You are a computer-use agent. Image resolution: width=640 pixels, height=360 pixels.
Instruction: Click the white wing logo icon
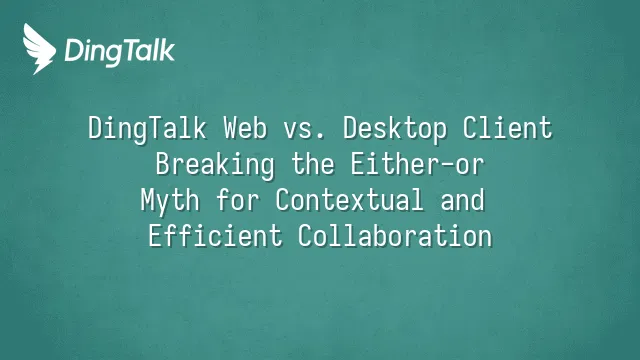click(39, 49)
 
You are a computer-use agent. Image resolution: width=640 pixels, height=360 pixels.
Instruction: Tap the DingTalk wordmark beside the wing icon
click(120, 52)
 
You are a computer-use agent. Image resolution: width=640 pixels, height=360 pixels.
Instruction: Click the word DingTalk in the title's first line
click(147, 129)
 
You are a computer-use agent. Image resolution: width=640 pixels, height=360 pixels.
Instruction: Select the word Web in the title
click(245, 128)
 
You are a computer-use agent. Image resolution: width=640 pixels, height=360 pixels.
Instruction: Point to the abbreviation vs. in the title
click(304, 131)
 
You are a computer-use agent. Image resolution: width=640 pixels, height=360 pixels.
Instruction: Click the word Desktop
click(394, 129)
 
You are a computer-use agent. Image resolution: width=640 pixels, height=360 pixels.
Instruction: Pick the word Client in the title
click(507, 128)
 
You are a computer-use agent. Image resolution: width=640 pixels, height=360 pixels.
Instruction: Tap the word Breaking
click(215, 165)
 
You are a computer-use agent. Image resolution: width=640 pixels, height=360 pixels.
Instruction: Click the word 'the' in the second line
click(313, 164)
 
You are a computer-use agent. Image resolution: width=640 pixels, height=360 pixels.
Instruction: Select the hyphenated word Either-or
click(417, 164)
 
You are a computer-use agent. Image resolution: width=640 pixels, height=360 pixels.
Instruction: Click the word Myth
click(170, 201)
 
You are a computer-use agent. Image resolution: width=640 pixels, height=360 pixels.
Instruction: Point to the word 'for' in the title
click(238, 200)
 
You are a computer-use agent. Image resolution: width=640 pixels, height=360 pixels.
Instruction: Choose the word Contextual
click(349, 200)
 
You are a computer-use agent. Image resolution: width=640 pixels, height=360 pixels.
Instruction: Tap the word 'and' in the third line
click(462, 200)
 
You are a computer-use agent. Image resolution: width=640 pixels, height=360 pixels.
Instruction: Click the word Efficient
click(215, 236)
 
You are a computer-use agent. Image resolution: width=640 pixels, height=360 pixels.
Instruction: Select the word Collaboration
click(395, 236)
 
